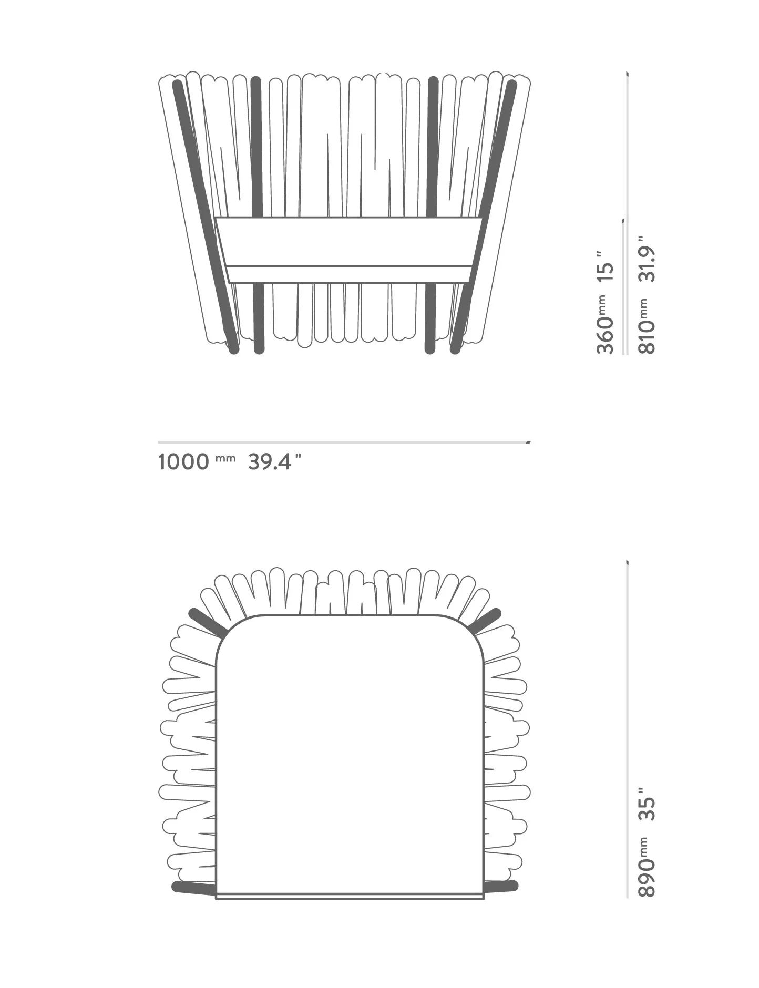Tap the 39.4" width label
(274, 462)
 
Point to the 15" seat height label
(606, 266)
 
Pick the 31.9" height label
(647, 259)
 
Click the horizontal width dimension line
(344, 442)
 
